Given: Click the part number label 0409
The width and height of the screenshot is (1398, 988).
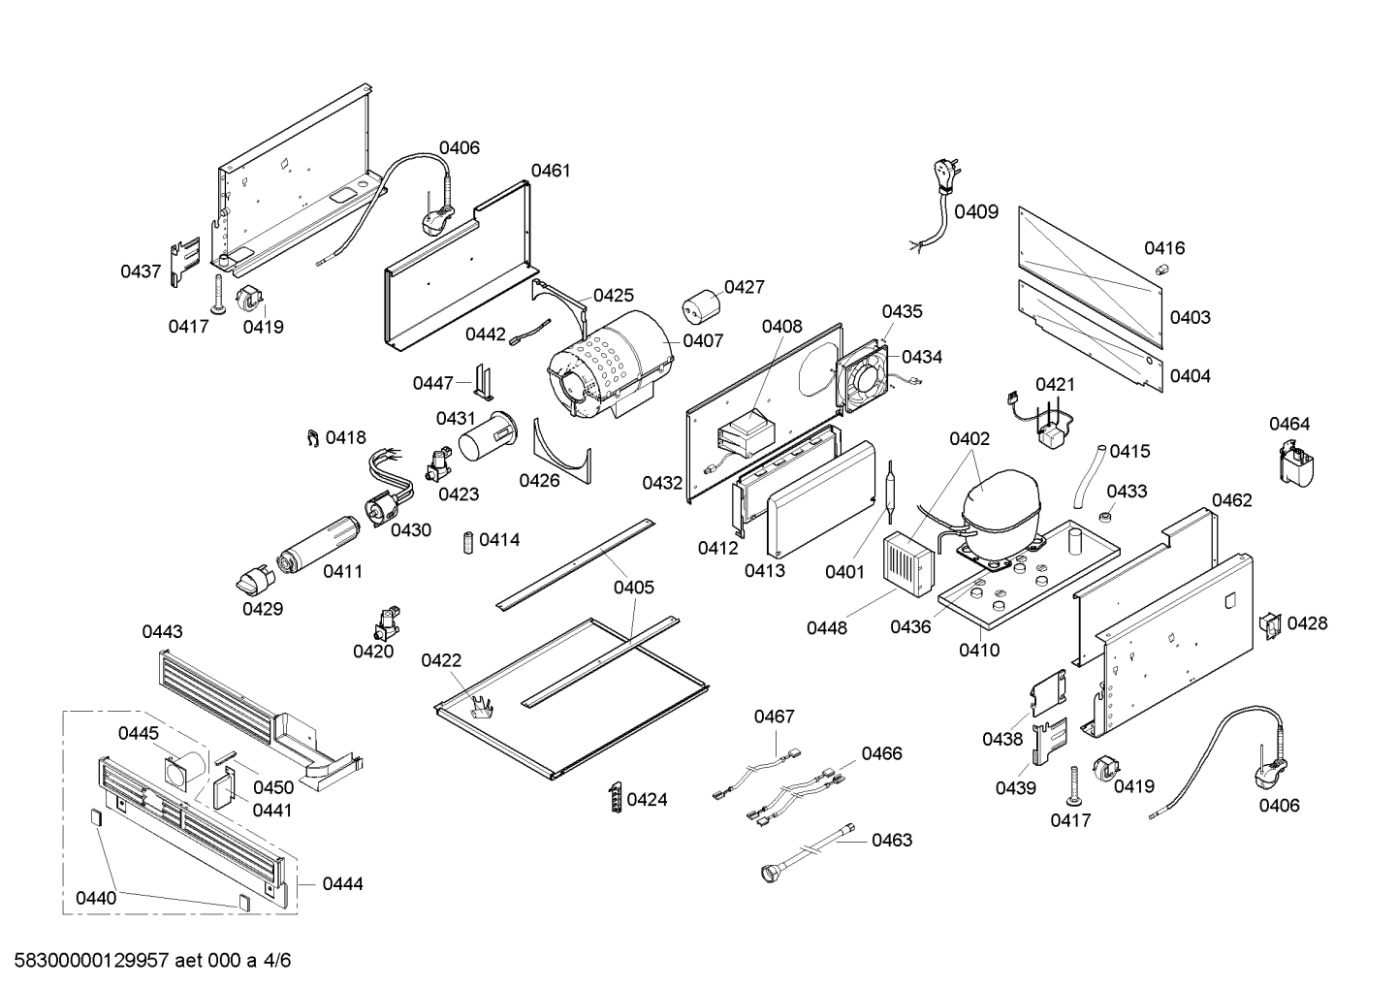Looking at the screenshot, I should tap(975, 211).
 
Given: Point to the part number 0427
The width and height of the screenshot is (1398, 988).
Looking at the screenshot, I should tap(744, 287).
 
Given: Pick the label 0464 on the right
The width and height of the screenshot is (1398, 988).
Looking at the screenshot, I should tap(1289, 424).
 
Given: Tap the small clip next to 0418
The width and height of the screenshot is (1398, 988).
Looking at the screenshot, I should tap(310, 439).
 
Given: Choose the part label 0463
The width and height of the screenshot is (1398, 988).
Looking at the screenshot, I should tap(891, 840).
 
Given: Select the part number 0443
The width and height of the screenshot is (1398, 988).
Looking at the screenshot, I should tap(162, 632).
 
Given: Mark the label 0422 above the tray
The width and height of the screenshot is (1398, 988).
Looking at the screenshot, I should tap(441, 660).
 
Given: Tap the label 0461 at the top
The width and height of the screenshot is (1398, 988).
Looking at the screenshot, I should tap(551, 171).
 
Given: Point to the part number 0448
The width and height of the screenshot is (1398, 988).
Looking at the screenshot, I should tap(826, 627).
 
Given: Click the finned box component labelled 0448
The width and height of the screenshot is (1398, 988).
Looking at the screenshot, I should tap(906, 562).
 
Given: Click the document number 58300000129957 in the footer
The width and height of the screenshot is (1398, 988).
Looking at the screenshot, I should tap(86, 961).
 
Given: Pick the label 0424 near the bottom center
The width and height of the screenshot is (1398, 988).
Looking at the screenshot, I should tap(647, 800).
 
